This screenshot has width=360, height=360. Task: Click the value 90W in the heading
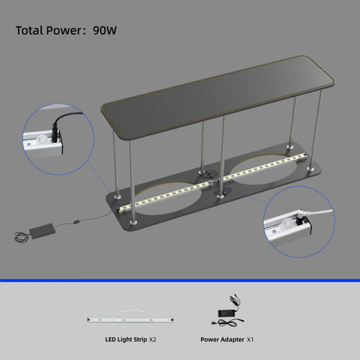[105, 31]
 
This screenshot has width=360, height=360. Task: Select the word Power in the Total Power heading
[64, 31]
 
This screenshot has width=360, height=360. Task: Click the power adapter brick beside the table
[42, 231]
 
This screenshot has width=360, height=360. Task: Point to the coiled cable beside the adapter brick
[21, 237]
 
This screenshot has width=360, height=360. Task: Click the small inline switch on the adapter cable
[76, 221]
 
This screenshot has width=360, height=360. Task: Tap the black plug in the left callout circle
[55, 130]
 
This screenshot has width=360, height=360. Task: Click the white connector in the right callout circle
[304, 215]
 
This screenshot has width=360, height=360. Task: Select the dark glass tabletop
[217, 96]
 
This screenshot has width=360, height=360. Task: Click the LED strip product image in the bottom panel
[130, 319]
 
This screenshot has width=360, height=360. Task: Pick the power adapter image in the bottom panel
[227, 311]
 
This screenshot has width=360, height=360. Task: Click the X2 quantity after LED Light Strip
[152, 340]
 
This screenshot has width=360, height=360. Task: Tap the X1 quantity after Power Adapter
[250, 340]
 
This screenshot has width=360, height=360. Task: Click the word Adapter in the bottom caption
[232, 340]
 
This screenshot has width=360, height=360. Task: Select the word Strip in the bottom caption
[140, 340]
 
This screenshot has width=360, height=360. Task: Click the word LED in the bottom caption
[110, 340]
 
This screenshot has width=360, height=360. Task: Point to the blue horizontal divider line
[180, 280]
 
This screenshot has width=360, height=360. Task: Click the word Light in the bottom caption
[124, 340]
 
